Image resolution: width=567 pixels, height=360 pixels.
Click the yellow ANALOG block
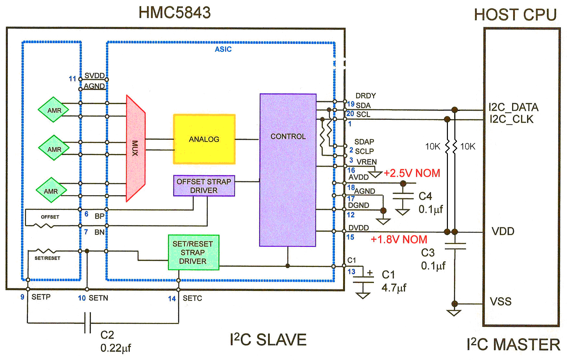click(204, 139)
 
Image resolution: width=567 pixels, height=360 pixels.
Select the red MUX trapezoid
click(135, 148)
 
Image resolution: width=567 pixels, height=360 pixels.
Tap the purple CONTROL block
click(288, 170)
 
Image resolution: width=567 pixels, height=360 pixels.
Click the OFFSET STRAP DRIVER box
click(204, 186)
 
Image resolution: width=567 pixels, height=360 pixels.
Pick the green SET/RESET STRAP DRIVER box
click(193, 252)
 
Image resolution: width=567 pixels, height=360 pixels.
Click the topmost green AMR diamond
click(54, 110)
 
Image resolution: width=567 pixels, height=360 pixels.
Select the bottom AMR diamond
click(51, 191)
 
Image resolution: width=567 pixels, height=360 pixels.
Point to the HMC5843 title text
click(175, 13)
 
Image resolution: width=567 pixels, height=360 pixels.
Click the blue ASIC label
click(223, 49)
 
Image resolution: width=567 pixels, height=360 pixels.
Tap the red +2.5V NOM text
click(412, 173)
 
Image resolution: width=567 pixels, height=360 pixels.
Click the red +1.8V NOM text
click(399, 239)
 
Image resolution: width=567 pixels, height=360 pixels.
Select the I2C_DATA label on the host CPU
click(513, 107)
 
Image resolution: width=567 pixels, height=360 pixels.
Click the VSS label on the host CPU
click(500, 302)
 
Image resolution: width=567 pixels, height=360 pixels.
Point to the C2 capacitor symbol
click(87, 323)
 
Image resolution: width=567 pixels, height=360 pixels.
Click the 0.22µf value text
click(116, 348)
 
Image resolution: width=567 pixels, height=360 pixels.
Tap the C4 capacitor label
click(425, 196)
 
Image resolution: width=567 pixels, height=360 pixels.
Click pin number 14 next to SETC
click(172, 298)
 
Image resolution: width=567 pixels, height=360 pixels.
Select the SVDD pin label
click(94, 76)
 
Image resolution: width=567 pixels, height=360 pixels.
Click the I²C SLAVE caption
click(268, 340)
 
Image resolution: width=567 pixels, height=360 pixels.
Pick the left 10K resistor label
click(433, 147)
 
